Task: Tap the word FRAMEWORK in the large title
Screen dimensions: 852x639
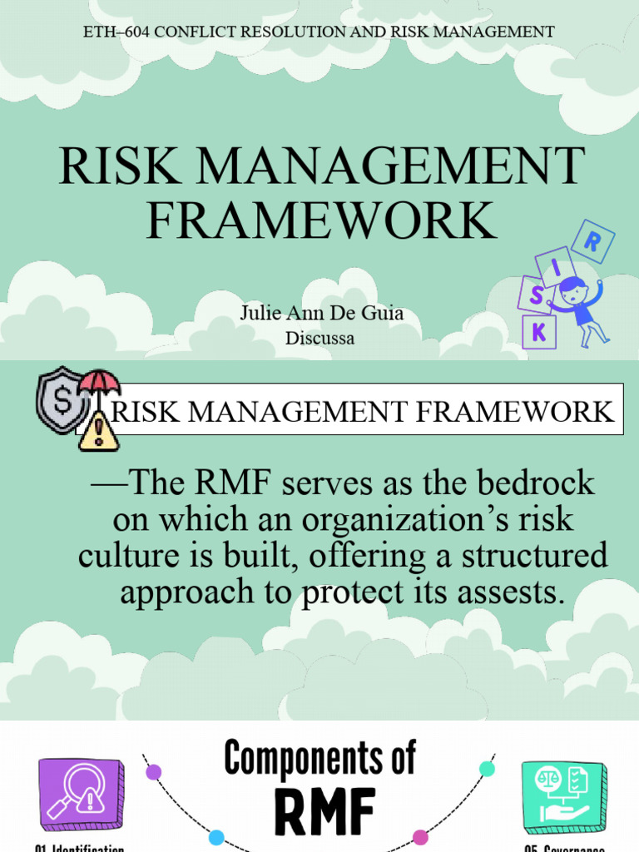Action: tap(321, 220)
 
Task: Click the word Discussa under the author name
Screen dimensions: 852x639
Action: tap(320, 338)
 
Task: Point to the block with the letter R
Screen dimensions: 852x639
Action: tap(593, 241)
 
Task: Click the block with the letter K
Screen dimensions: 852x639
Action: tap(539, 332)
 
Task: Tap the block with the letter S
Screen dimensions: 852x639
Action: tap(536, 295)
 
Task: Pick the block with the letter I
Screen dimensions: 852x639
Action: tap(556, 266)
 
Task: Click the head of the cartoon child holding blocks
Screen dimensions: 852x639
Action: tap(572, 290)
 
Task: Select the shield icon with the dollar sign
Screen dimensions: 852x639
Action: tap(60, 399)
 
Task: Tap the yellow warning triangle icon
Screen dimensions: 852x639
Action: tap(98, 430)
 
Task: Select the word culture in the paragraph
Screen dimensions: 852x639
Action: tap(126, 556)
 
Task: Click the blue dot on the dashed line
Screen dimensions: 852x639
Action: tap(216, 836)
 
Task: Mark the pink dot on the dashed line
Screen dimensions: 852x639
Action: tap(420, 836)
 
